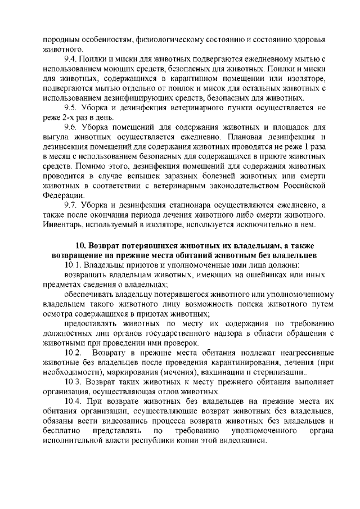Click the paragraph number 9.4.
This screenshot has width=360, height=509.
(x=71, y=59)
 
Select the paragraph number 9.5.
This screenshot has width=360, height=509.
(x=71, y=107)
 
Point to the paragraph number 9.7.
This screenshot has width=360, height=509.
(x=71, y=204)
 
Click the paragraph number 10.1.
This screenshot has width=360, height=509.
(x=74, y=264)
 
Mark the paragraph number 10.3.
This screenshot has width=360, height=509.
(x=74, y=381)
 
